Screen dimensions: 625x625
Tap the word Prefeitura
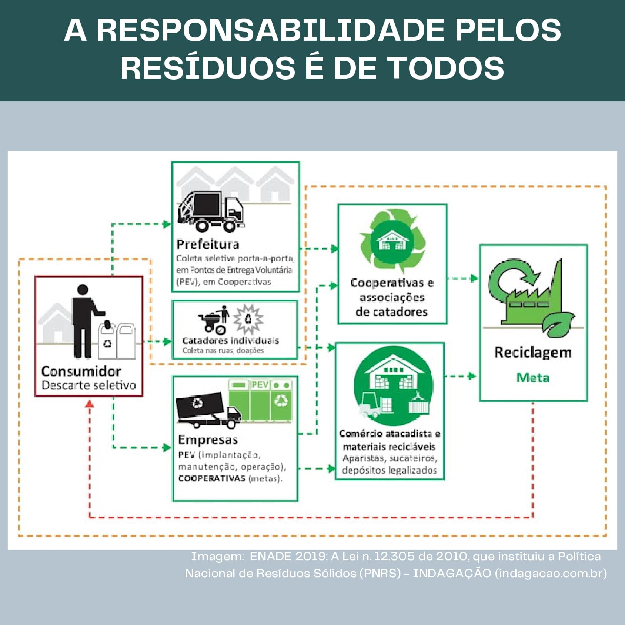coord(208,244)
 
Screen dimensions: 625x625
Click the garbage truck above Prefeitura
coord(210,211)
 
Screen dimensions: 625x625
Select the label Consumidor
coord(81,371)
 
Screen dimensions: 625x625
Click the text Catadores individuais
coord(230,341)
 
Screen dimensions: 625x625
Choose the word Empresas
coord(208,440)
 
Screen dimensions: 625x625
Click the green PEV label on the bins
coord(260,385)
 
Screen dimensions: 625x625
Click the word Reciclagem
coord(533,352)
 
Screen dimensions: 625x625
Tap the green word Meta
coord(533,378)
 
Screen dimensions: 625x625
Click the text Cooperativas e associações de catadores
coord(392,297)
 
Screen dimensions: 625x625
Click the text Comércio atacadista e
coord(390,434)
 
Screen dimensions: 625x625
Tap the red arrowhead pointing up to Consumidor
coord(89,404)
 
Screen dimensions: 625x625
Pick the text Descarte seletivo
coord(88,385)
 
